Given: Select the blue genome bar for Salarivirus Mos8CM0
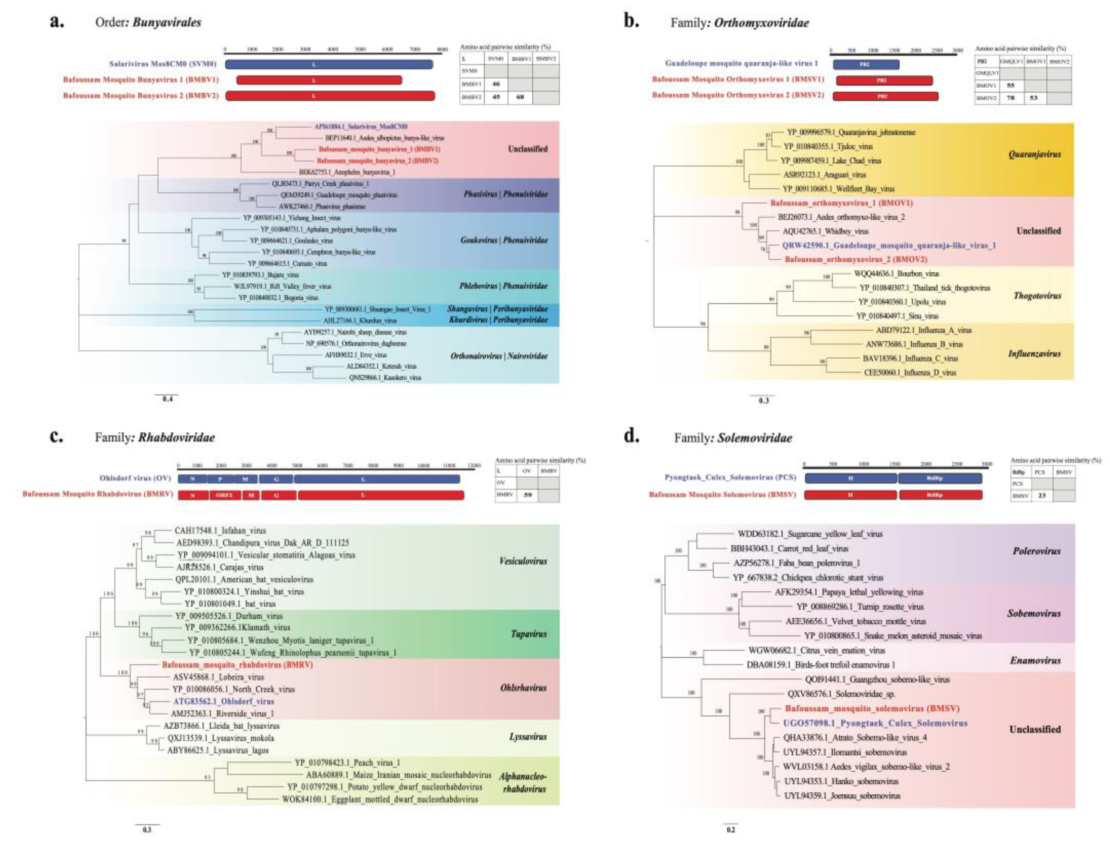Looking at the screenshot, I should pyautogui.click(x=329, y=64).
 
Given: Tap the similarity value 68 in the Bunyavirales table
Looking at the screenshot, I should pyautogui.click(x=520, y=97).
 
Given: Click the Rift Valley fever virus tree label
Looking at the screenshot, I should pyautogui.click(x=282, y=286).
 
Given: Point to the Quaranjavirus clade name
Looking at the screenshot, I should pyautogui.click(x=1034, y=154).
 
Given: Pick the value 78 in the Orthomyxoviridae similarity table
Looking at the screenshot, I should pyautogui.click(x=1011, y=98).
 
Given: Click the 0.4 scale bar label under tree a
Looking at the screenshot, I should pyautogui.click(x=167, y=399).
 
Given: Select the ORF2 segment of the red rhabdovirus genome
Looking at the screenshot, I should pyautogui.click(x=224, y=495).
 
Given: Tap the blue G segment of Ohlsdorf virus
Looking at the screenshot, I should pyautogui.click(x=276, y=479).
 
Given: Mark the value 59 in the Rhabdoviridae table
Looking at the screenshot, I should pyautogui.click(x=528, y=495).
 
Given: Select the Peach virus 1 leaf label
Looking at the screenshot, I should pyautogui.click(x=347, y=763).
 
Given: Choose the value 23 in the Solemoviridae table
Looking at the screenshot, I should pyautogui.click(x=1041, y=496).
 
